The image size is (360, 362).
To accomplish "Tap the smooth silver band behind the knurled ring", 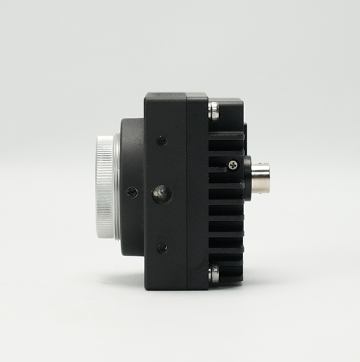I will (117, 187).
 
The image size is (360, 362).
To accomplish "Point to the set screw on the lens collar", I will (132, 192).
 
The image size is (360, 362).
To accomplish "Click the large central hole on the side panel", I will (161, 194).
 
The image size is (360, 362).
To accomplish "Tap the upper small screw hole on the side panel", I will (162, 140).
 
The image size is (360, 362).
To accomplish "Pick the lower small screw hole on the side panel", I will (162, 248).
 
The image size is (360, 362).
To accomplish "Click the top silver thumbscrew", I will (214, 109).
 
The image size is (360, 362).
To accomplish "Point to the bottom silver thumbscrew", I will (214, 274).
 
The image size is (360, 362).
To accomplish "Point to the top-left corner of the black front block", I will (146, 95).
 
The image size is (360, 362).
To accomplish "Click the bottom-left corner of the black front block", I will (146, 288).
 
